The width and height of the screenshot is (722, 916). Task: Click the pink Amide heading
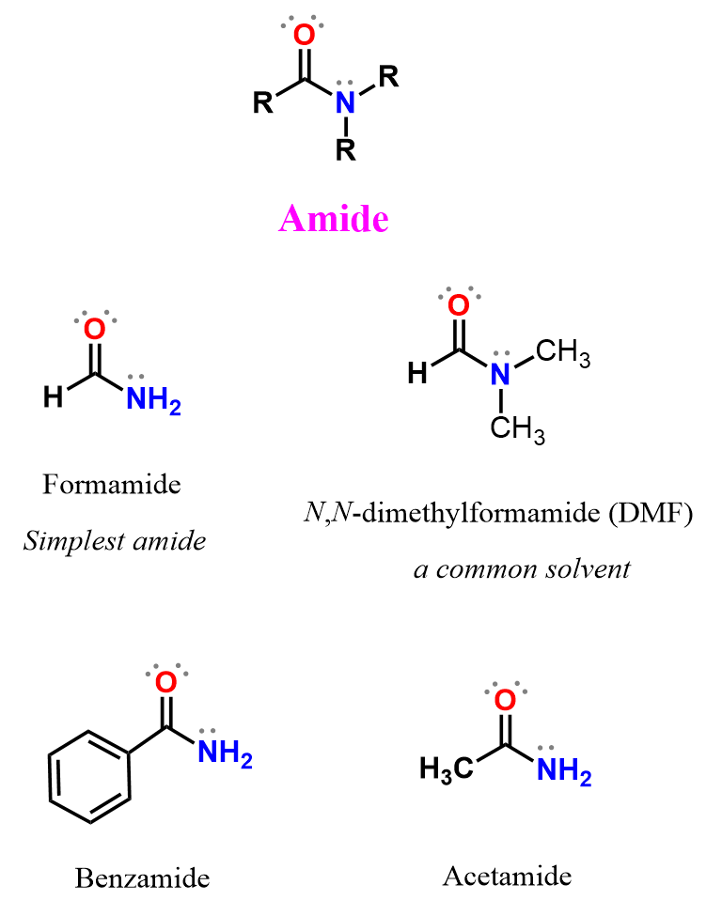[334, 219]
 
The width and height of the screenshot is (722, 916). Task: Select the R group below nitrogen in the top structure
[347, 150]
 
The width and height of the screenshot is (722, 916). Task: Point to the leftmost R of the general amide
[262, 102]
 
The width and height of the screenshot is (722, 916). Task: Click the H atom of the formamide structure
[54, 397]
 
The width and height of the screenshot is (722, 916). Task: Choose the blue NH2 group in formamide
[151, 400]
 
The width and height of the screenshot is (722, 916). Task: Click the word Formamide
[112, 485]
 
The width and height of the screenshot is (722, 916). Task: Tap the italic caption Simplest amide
[115, 541]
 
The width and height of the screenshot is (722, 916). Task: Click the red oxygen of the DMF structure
[458, 305]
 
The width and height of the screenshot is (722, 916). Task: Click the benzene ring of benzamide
[88, 776]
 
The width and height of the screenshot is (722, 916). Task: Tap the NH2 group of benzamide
[225, 755]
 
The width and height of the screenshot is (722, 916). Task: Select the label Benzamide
[142, 878]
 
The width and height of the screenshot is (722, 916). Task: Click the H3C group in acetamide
[447, 772]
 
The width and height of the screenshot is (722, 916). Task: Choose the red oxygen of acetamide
[505, 700]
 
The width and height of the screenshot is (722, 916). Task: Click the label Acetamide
[507, 877]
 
